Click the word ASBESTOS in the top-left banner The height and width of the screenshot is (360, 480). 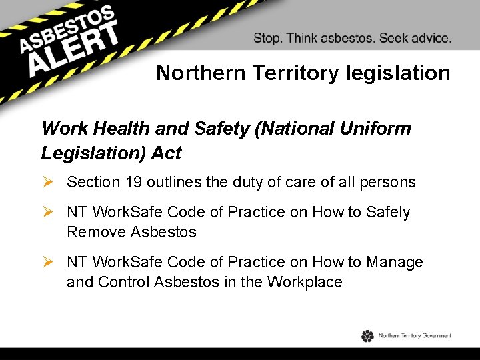(x=67, y=28)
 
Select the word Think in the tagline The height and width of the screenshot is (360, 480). (x=303, y=38)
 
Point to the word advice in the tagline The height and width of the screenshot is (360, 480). (x=428, y=38)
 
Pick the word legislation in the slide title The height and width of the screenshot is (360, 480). (x=399, y=73)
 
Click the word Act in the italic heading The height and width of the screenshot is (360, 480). (x=167, y=153)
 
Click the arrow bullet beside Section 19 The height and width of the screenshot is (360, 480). (x=49, y=182)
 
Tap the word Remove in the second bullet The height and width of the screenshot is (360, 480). (x=96, y=232)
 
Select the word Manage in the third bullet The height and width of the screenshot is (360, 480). (x=397, y=263)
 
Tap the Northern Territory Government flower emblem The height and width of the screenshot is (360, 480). (x=368, y=336)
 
